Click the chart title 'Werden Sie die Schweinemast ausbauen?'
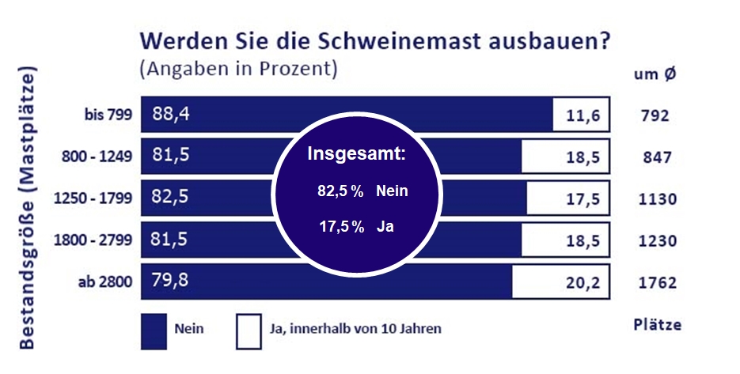tap(374, 41)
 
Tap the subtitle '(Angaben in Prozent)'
tap(238, 70)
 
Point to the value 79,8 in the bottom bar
tap(171, 280)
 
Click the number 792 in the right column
tap(655, 116)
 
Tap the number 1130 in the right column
tap(656, 199)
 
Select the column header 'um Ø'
tap(655, 75)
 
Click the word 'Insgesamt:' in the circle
tap(356, 153)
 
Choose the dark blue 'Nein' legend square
tap(154, 331)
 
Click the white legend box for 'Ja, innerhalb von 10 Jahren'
tap(249, 331)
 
